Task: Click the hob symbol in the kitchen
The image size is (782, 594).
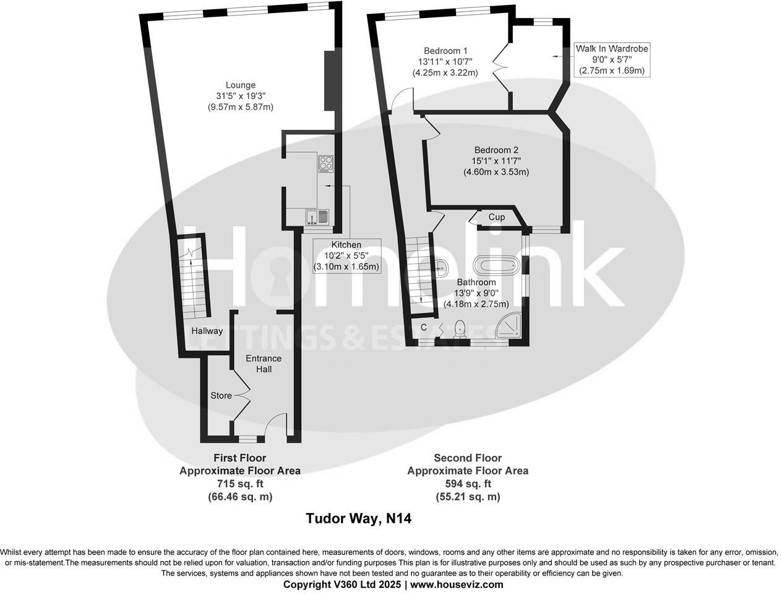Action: tap(325, 164)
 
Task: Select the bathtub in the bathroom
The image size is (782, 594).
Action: tap(497, 267)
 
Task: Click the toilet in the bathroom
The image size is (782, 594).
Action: tap(460, 329)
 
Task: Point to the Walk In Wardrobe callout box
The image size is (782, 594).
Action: tap(612, 59)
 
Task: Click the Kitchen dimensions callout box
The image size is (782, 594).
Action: tap(346, 256)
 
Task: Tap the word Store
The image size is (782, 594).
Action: tap(221, 395)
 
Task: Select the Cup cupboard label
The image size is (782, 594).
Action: tap(497, 217)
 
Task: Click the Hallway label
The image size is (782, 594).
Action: tap(207, 331)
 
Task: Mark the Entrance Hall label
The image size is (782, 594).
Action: tap(264, 364)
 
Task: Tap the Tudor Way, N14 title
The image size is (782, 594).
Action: tap(359, 519)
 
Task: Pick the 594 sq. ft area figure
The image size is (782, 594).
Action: tap(467, 483)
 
